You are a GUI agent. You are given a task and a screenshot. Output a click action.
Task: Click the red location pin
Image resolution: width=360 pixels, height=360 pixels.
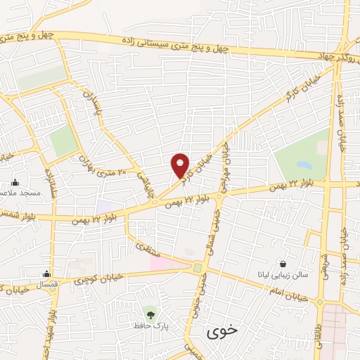click(181, 165)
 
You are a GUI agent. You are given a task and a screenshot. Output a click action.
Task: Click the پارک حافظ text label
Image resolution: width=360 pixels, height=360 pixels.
click(148, 326)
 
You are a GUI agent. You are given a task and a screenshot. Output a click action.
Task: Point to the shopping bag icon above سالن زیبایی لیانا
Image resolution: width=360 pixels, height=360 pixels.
click(282, 264)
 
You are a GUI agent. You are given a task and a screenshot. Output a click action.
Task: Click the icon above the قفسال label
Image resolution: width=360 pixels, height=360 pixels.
click(47, 274)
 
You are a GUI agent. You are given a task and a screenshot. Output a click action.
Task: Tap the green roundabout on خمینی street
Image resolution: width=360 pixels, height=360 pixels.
click(198, 268)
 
